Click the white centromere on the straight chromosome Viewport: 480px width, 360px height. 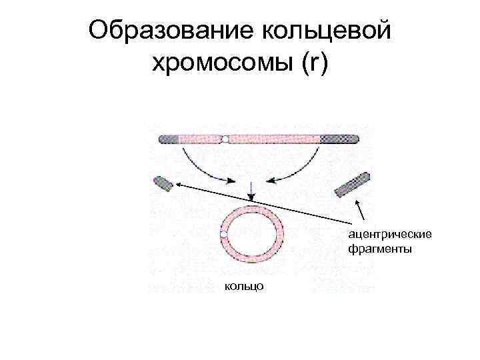point(225,139)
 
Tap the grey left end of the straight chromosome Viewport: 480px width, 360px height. point(169,139)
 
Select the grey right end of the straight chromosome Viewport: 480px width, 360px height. point(340,139)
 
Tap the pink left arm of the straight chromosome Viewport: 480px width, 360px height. point(200,139)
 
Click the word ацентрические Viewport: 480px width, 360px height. point(389,235)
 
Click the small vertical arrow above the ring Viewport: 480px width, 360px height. point(251,191)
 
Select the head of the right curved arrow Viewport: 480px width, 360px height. point(271,179)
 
